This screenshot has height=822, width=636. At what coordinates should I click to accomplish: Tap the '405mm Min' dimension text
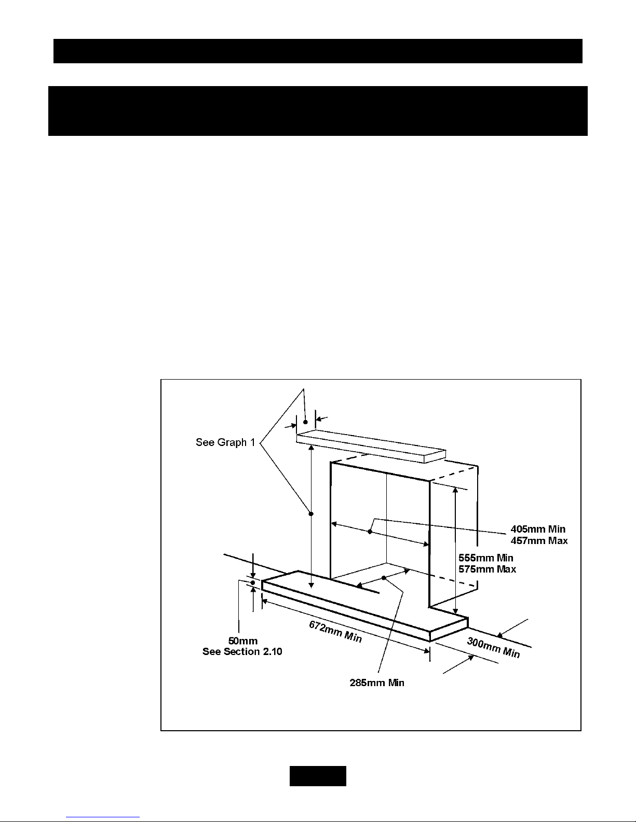click(538, 529)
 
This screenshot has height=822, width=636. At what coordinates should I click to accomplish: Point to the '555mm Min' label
click(485, 558)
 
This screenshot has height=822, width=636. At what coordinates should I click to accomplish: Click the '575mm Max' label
click(487, 569)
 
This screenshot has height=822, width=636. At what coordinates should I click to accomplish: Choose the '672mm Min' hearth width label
click(335, 631)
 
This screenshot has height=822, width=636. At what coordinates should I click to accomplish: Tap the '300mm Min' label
click(493, 648)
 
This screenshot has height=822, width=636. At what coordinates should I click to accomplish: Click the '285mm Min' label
click(376, 682)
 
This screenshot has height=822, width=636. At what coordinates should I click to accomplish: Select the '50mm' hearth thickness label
click(243, 641)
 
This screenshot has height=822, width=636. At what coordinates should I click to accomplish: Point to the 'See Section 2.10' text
click(242, 651)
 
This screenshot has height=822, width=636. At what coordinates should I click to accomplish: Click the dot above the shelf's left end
click(305, 422)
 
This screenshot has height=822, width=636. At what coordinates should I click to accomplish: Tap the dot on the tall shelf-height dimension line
click(311, 513)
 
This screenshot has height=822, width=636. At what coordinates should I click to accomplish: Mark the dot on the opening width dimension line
click(370, 531)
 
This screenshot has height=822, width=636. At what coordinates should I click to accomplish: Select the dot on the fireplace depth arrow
click(384, 577)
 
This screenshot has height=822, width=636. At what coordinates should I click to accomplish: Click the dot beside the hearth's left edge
click(253, 583)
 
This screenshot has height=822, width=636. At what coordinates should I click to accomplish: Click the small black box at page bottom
click(318, 775)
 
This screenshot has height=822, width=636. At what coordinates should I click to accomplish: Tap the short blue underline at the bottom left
click(103, 817)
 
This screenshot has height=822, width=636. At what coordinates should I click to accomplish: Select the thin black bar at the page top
click(318, 51)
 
